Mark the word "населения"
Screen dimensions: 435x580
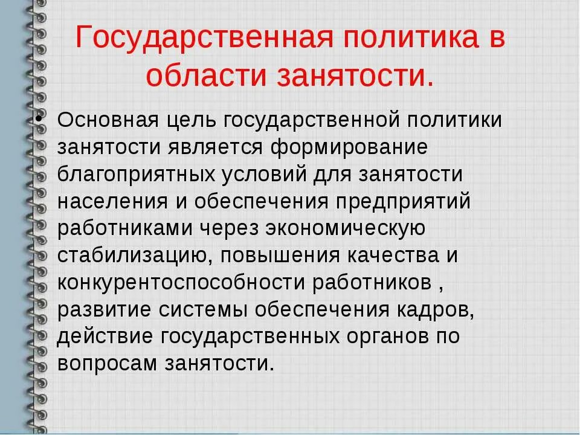(112, 201)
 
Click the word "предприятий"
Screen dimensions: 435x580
(402, 201)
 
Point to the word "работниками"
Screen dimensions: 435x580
(119, 228)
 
